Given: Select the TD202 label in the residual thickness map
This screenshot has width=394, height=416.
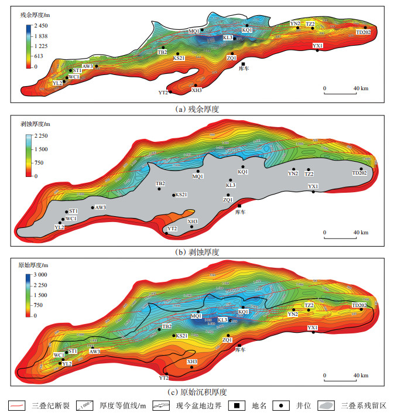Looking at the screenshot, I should (363, 32).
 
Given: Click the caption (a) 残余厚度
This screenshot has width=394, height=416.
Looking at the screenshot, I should (197, 108).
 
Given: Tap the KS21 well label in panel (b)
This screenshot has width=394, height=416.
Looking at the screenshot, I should (181, 195).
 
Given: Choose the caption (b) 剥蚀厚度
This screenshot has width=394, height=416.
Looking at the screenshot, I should (197, 251).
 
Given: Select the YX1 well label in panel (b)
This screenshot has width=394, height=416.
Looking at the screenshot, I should (313, 186).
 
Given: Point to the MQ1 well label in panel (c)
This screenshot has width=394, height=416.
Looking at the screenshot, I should (196, 316).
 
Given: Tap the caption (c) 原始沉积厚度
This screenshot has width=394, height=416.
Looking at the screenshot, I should (197, 392).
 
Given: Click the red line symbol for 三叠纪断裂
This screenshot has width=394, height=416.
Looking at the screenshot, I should (16, 405).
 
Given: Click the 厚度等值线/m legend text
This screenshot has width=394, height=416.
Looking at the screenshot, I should (121, 405).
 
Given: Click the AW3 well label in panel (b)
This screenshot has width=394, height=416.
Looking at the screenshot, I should (100, 207).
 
